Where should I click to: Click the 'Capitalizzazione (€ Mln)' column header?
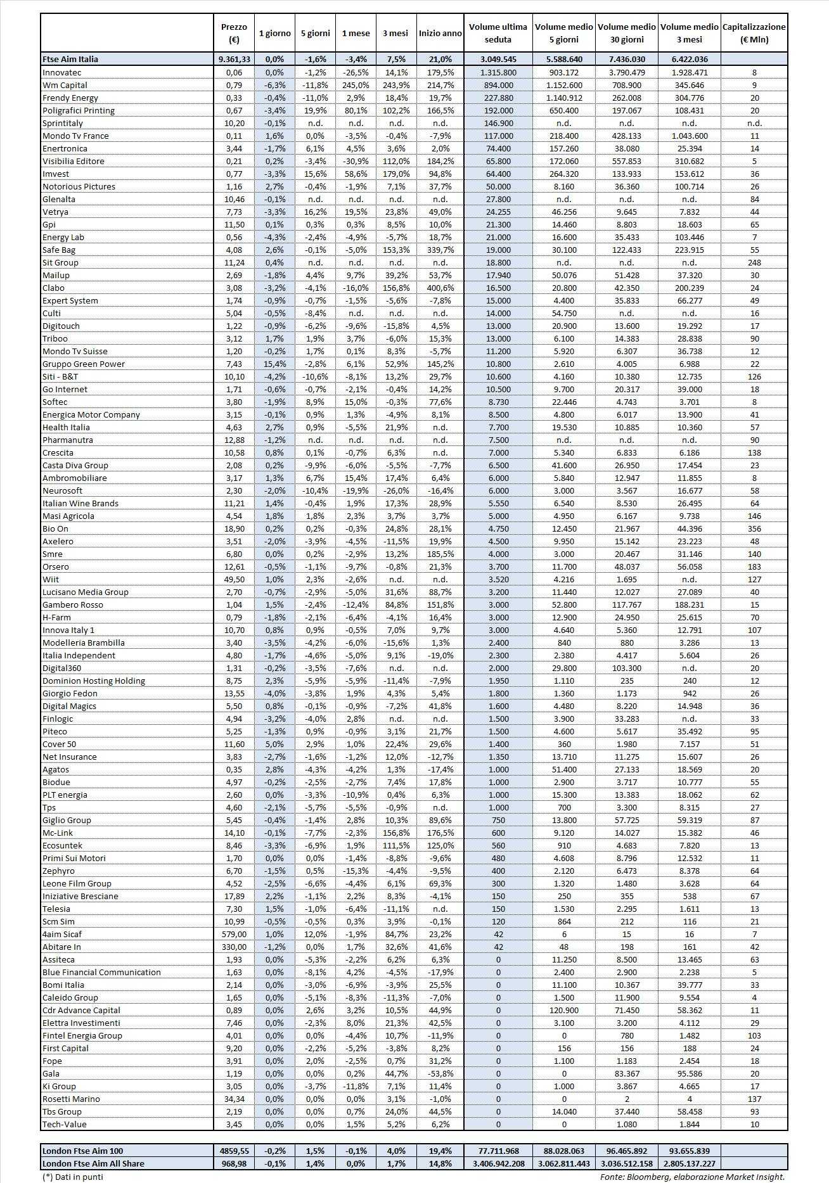754,33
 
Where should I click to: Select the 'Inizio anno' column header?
440,33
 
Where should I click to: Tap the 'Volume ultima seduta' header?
498,33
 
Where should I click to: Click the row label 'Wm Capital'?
65,85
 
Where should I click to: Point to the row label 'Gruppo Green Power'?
84,364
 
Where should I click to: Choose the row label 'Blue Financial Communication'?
101,972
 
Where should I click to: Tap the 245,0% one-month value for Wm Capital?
356,85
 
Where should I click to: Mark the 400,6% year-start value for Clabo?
440,288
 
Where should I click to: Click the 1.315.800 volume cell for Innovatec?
498,72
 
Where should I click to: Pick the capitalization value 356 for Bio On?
754,528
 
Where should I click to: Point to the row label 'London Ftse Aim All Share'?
93,1163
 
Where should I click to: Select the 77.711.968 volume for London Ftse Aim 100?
498,1151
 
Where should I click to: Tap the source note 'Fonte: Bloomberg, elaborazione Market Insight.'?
692,1177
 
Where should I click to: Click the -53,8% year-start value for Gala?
440,1073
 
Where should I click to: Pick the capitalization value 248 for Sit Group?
754,262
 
